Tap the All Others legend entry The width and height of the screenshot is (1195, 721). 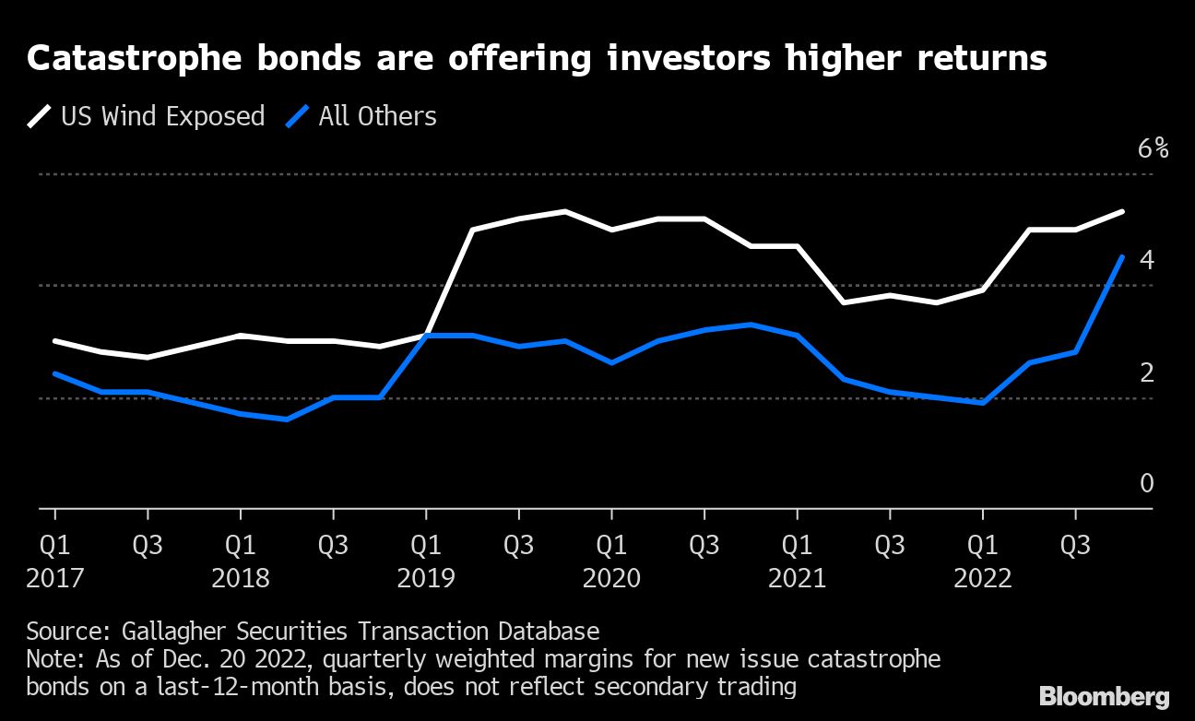coord(363,116)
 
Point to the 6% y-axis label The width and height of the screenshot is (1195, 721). coord(1153,148)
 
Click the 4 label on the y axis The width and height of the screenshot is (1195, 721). coord(1146,261)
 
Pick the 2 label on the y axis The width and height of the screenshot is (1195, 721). coord(1146,372)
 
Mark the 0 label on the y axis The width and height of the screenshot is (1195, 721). coord(1146,483)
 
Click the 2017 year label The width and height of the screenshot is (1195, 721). coord(55,579)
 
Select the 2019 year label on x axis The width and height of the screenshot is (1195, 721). coord(426,579)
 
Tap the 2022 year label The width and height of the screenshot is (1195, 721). coord(983,579)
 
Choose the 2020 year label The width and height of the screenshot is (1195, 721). coord(611,579)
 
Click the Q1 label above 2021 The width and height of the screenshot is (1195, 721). coord(798,544)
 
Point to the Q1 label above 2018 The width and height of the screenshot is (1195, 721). coord(241,544)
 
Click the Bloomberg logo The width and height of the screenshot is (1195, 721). coord(1104,696)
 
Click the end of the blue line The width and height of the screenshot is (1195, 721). coord(1121,256)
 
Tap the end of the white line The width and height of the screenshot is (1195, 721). coord(1121,212)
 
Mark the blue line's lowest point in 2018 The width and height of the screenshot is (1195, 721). coord(287,420)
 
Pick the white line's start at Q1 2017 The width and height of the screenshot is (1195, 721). coord(55,341)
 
